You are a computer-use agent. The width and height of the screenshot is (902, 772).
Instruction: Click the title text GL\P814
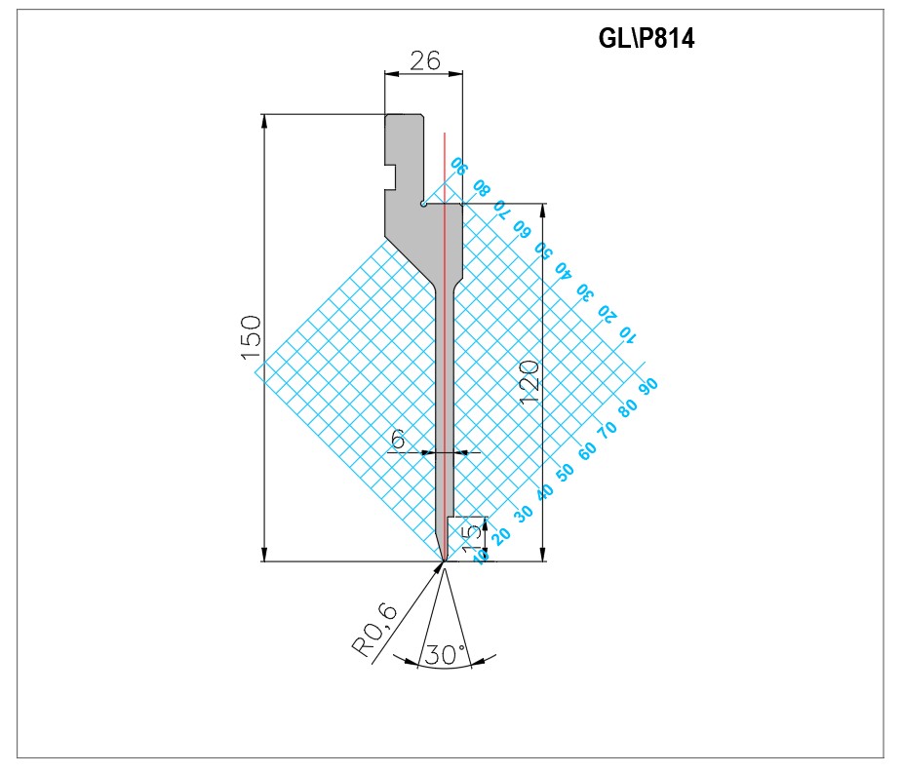(646, 39)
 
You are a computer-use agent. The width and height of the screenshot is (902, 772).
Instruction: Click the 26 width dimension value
(425, 60)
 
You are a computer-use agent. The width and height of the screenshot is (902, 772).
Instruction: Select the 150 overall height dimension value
(252, 337)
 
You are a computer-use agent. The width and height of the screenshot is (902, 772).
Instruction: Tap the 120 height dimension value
(529, 382)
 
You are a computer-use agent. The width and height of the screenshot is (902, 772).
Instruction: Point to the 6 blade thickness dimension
(398, 440)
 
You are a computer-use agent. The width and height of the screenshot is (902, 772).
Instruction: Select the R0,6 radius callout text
(375, 631)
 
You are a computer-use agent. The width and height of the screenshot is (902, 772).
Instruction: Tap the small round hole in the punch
(423, 203)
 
